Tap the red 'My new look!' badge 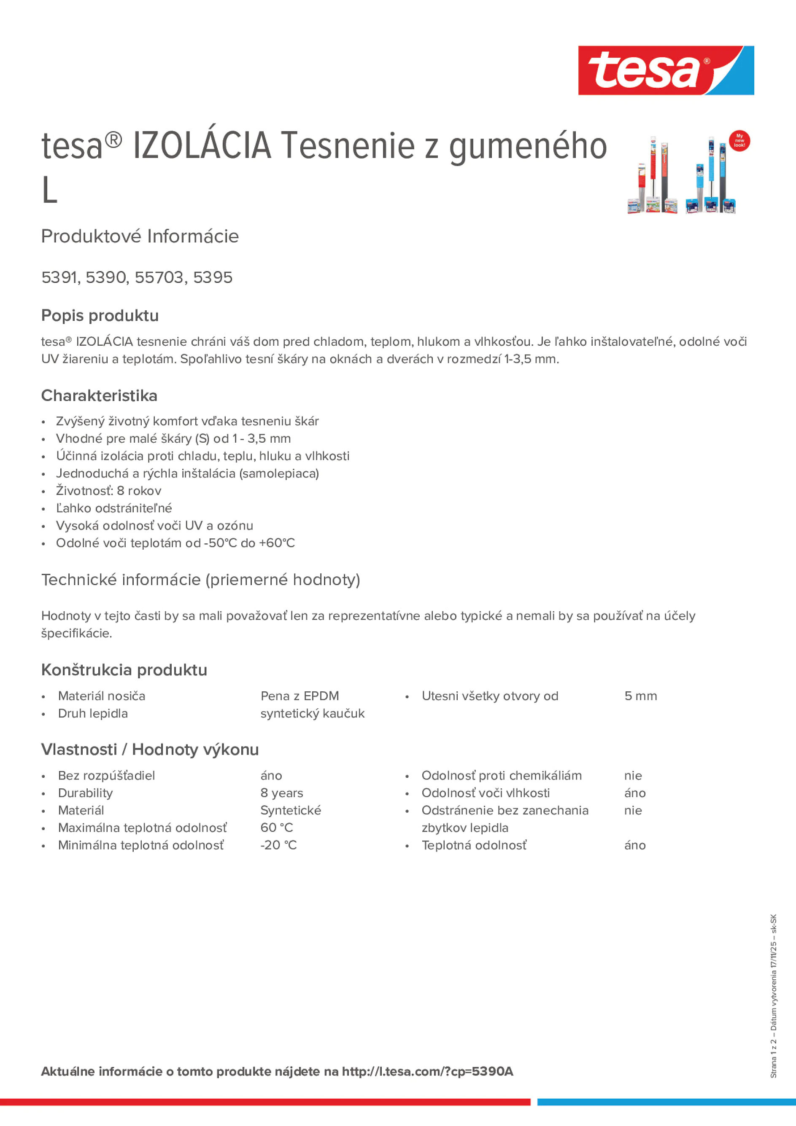pos(739,141)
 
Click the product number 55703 pos(159,277)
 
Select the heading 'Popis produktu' pos(100,315)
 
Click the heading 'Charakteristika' pos(99,395)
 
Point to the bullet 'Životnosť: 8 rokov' pos(108,490)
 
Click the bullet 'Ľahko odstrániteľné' pos(114,508)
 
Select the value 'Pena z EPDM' pos(300,696)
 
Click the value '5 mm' pos(640,696)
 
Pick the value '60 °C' pos(276,828)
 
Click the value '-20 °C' pos(278,845)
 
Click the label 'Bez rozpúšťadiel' pos(106,775)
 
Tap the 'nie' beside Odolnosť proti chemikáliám pos(633,775)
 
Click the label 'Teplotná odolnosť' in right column pos(474,845)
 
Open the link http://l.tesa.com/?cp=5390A pos(427,1071)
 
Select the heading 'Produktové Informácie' pos(140,236)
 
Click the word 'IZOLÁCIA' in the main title pos(202,146)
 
